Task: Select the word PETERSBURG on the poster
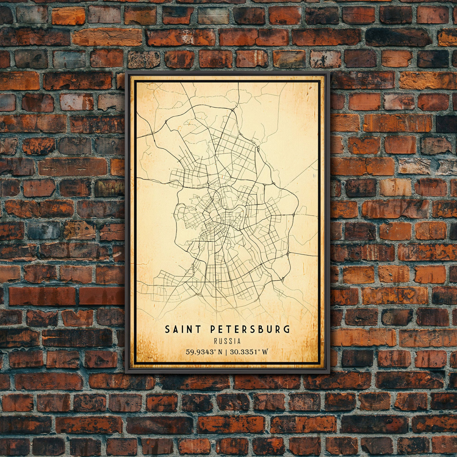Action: (250, 329)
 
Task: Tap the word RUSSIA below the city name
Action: (227, 341)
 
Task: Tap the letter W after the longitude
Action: (265, 352)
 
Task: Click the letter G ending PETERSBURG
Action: (288, 329)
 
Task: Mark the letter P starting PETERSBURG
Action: (213, 329)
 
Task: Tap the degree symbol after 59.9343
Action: (215, 350)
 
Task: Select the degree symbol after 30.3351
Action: (260, 350)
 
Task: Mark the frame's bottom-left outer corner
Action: (125, 373)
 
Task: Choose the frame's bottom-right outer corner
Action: (330, 373)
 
